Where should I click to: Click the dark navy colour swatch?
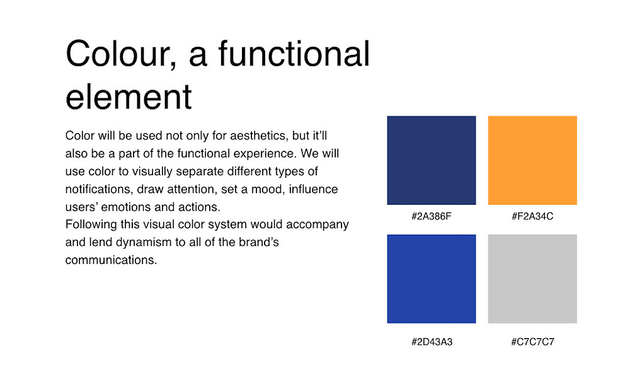432,160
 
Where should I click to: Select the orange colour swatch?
532,160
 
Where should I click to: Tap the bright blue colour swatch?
432,279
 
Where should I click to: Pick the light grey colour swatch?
532,279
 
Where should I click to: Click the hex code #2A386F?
432,216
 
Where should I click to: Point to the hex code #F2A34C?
532,216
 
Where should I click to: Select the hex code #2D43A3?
432,342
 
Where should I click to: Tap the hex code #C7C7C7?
533,342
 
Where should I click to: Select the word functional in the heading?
294,53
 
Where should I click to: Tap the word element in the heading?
129,96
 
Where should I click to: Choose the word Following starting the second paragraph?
91,225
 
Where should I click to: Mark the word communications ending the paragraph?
112,260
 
